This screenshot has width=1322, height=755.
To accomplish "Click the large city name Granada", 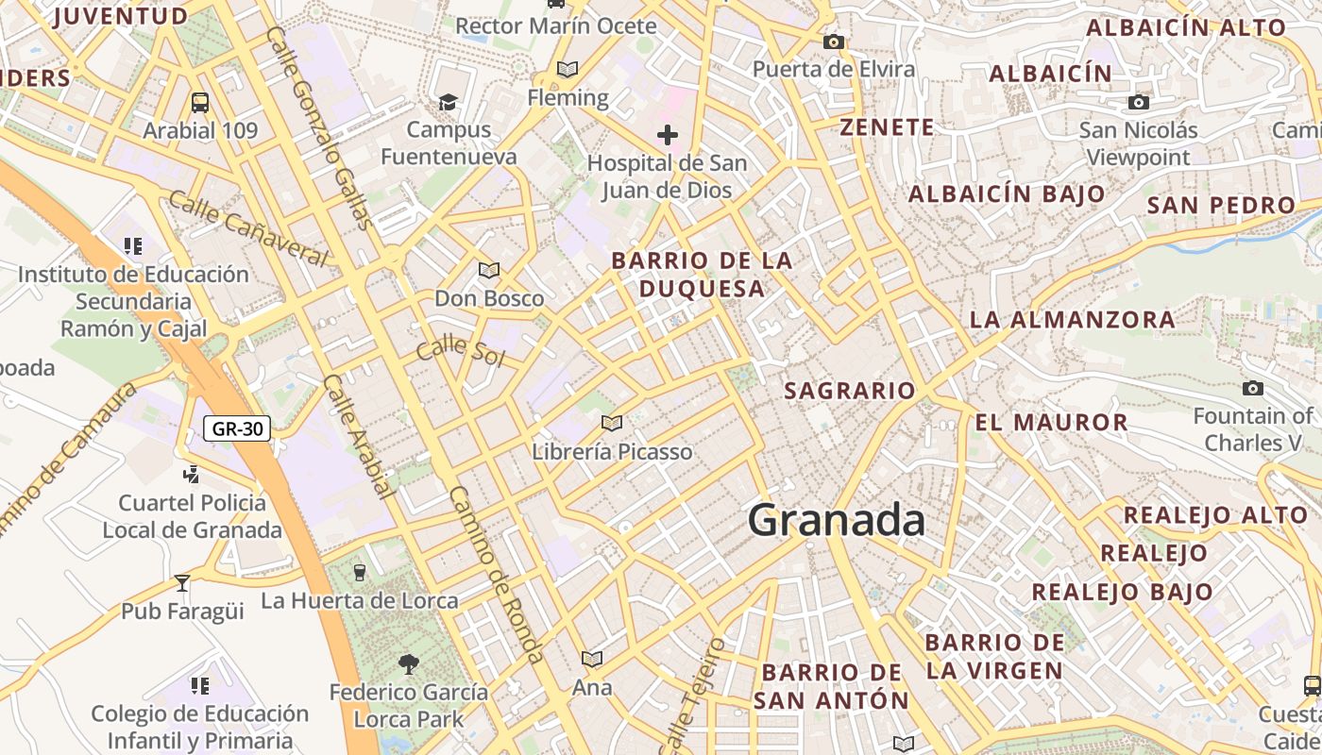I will [837, 520].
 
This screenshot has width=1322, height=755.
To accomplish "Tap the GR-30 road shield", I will [237, 428].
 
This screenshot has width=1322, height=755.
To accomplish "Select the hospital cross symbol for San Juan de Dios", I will [668, 135].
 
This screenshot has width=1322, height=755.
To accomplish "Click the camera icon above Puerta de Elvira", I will [833, 42].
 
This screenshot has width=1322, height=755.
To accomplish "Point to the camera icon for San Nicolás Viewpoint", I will [1139, 102].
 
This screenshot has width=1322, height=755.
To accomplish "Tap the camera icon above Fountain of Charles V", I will [1253, 388].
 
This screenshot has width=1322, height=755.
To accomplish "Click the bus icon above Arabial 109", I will [200, 102].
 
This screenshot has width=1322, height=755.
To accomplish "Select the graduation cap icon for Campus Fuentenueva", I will [449, 101].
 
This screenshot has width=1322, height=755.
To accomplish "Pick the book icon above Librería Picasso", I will [612, 423].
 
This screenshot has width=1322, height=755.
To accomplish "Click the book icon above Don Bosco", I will [489, 271].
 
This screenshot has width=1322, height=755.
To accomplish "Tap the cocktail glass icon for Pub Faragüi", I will [182, 583].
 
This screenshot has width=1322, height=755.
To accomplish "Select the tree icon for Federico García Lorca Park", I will [408, 664].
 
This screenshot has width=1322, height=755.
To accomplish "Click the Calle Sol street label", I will [460, 351].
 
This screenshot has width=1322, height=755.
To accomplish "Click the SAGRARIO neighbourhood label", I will [850, 390].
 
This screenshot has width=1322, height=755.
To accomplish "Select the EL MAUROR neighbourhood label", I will [1051, 422].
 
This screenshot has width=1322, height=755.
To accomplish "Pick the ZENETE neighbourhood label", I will [887, 127].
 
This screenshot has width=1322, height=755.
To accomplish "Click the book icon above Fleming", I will [567, 69].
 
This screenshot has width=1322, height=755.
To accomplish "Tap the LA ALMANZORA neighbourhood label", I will [1072, 320].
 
